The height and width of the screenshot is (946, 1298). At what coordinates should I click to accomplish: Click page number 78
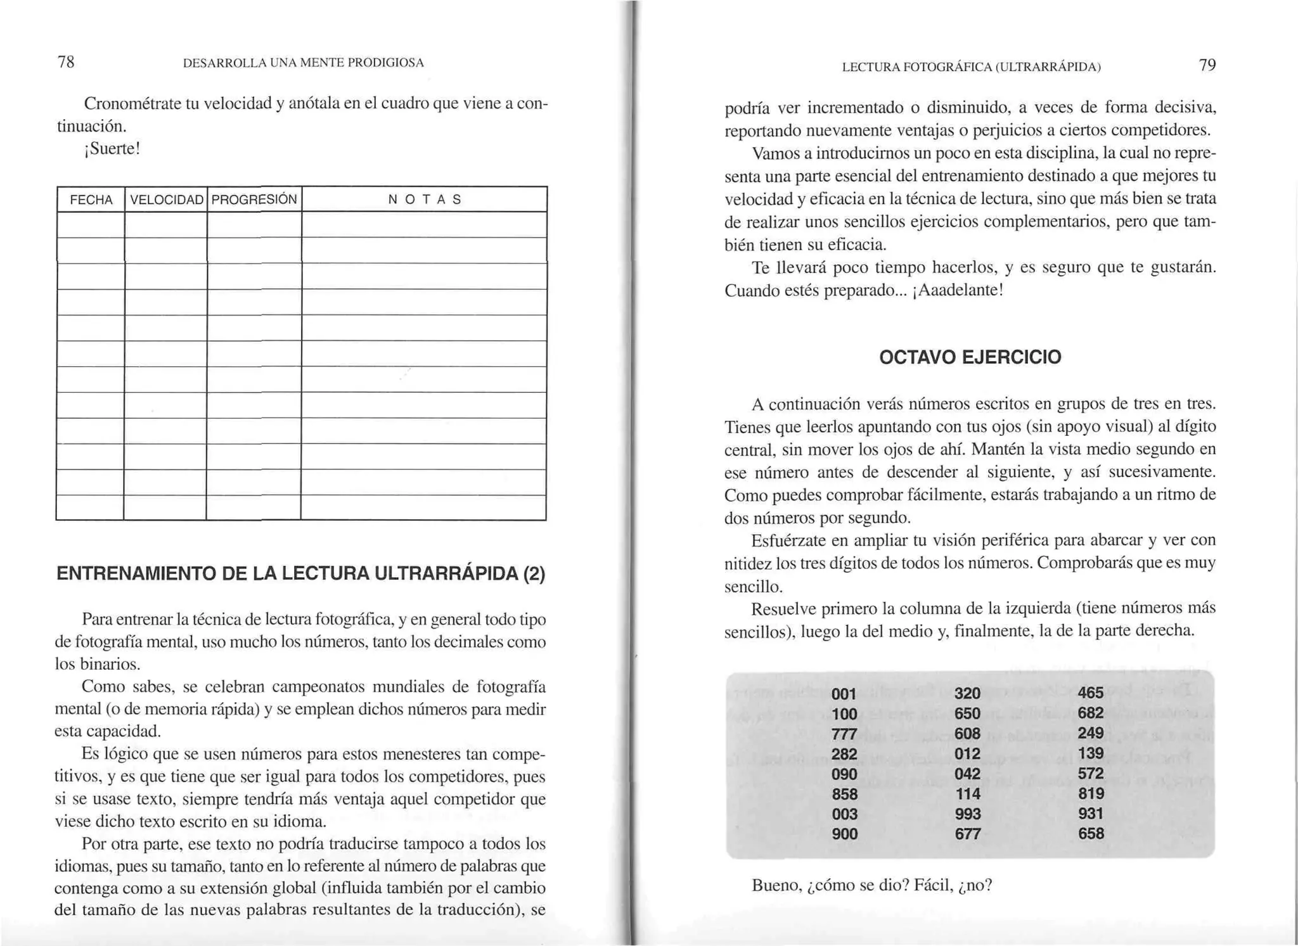click(66, 62)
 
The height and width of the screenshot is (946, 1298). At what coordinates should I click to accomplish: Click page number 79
click(1207, 65)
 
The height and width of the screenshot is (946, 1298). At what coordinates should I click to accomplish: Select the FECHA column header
click(91, 200)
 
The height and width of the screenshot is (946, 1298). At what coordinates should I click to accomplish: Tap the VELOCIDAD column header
click(167, 200)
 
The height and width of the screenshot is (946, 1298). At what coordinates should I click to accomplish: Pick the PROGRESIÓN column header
click(254, 200)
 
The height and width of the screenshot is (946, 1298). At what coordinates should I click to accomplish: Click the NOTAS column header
click(424, 200)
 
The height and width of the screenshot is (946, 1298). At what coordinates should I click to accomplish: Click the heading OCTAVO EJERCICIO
click(970, 357)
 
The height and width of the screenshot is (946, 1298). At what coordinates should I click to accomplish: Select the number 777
click(844, 734)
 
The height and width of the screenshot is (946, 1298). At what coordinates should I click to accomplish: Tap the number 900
click(844, 834)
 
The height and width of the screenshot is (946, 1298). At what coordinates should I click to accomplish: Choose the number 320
click(967, 694)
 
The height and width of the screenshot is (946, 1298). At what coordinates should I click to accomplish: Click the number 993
click(967, 814)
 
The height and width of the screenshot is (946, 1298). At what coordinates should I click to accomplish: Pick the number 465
click(1090, 693)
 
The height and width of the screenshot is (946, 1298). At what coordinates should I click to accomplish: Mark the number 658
click(1091, 834)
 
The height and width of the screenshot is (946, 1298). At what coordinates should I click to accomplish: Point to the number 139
click(1091, 753)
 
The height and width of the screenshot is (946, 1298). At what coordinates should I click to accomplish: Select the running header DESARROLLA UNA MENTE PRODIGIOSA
click(303, 63)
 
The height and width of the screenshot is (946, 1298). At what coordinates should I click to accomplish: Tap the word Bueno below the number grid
click(776, 885)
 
